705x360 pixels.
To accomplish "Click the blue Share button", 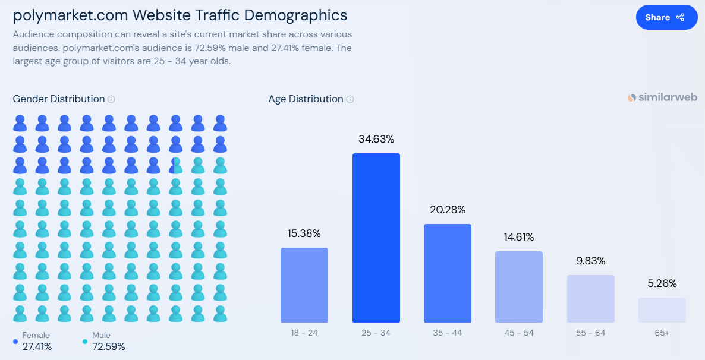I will click(666, 17).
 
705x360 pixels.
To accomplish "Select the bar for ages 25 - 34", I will click(376, 238).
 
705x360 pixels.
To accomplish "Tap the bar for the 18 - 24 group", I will click(304, 285).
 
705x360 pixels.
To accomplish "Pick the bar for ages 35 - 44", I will click(447, 273).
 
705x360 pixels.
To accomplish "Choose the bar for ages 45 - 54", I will click(518, 286).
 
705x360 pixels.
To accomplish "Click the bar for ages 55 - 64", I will click(590, 298).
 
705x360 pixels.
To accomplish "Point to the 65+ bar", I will click(662, 310).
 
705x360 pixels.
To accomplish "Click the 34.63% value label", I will click(376, 139).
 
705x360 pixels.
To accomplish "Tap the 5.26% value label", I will click(662, 283).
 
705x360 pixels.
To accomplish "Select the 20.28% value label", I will click(447, 210).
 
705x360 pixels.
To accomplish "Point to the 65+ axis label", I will click(662, 333).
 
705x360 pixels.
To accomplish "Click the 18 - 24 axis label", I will click(304, 333).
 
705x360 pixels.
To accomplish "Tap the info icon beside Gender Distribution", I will click(111, 99).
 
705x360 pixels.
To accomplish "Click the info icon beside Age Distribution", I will click(350, 99).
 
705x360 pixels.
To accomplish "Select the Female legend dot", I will click(15, 342).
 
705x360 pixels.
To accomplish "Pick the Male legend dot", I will click(85, 342).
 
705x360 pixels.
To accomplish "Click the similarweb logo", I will click(662, 97).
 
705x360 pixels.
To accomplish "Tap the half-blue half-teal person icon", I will click(175, 166).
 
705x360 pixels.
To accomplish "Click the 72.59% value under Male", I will click(109, 346).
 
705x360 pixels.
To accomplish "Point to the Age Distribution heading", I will click(306, 99).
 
